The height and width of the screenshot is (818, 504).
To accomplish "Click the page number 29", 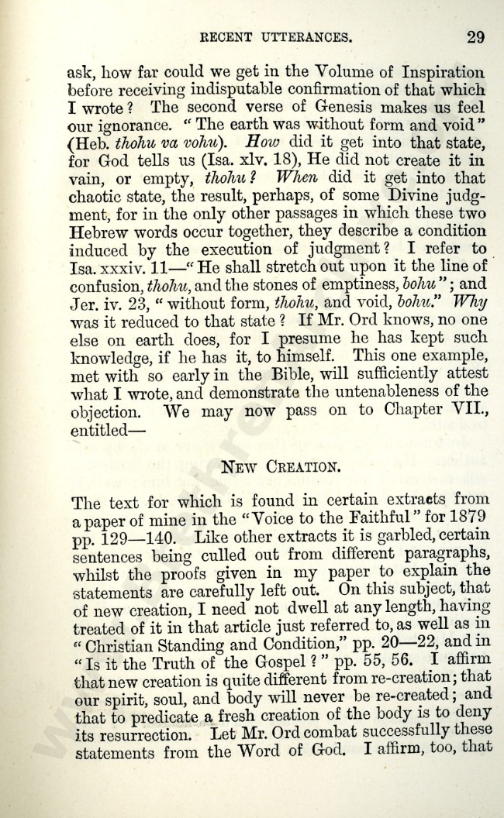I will coord(475,36).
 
